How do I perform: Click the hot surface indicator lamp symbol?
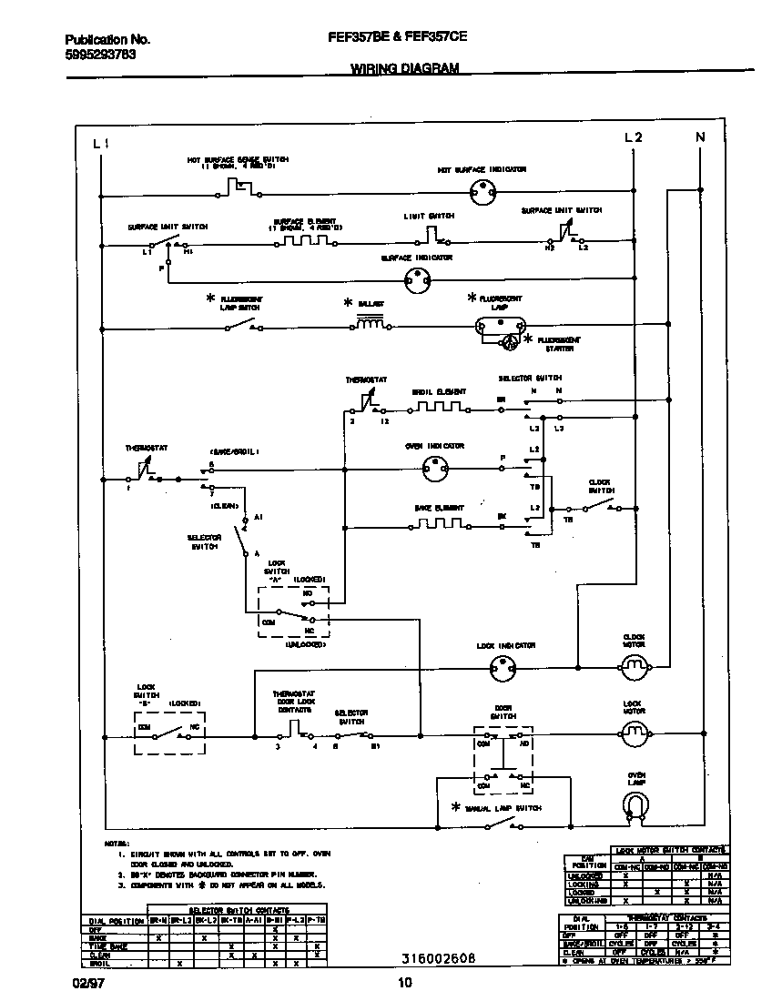(481, 190)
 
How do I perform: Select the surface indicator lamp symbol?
(416, 284)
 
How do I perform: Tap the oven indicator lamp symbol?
(436, 469)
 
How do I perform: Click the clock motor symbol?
(633, 669)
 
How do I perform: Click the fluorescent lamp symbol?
(501, 325)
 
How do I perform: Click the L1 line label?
(101, 143)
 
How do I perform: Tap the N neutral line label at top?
(700, 137)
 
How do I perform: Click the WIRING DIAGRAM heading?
(404, 68)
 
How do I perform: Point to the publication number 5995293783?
(101, 54)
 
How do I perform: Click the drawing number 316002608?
(437, 958)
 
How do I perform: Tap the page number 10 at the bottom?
(405, 981)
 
